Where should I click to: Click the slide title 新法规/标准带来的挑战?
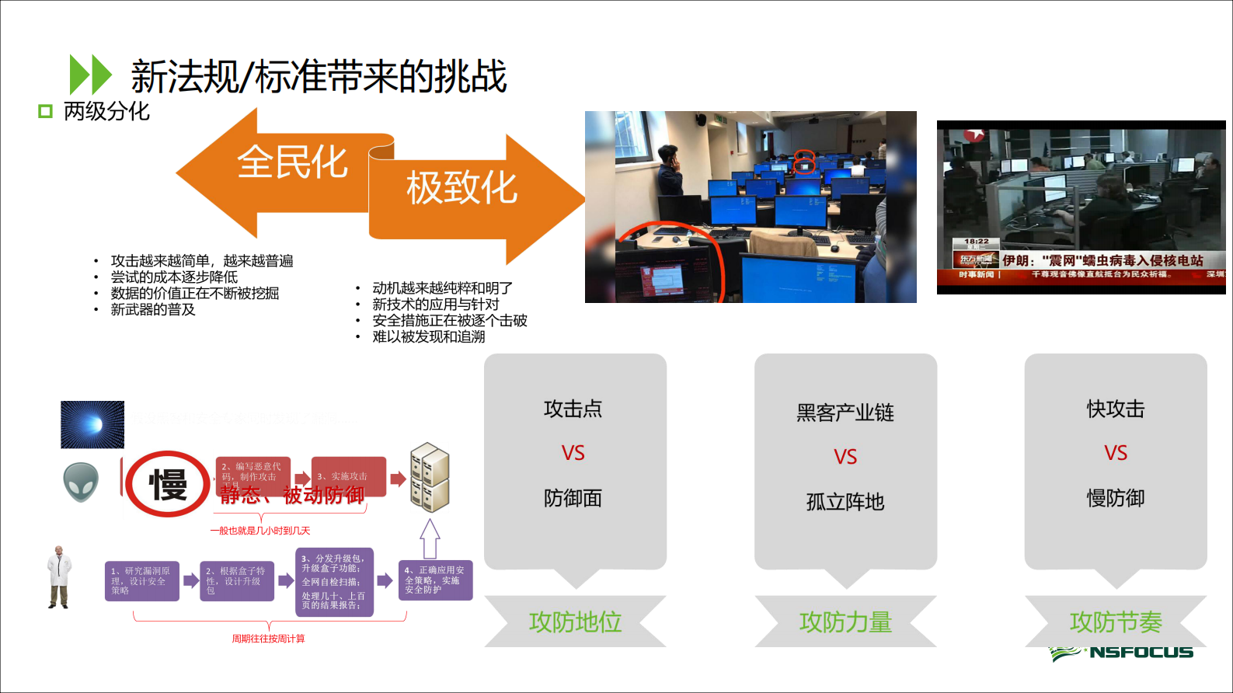(x=319, y=76)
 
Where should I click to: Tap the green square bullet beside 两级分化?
(x=45, y=112)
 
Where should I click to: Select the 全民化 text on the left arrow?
(x=292, y=162)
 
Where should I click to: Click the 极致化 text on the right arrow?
(x=462, y=188)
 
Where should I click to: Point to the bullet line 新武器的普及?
(x=153, y=310)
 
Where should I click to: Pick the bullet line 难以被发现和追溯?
(x=429, y=337)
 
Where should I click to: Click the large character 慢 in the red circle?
(x=168, y=485)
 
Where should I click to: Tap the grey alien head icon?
(x=81, y=482)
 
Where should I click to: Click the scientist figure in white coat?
(x=58, y=577)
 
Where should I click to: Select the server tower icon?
(x=430, y=477)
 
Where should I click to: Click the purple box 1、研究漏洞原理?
(x=142, y=581)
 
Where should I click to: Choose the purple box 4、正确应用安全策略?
(x=435, y=580)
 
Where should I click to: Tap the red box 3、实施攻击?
(x=349, y=476)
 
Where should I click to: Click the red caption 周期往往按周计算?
(x=268, y=639)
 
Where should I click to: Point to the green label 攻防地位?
(x=575, y=622)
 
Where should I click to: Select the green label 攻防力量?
(x=845, y=622)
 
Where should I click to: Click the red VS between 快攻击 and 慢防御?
(x=1116, y=453)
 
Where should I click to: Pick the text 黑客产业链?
(x=845, y=413)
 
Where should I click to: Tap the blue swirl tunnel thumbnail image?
(x=92, y=424)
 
